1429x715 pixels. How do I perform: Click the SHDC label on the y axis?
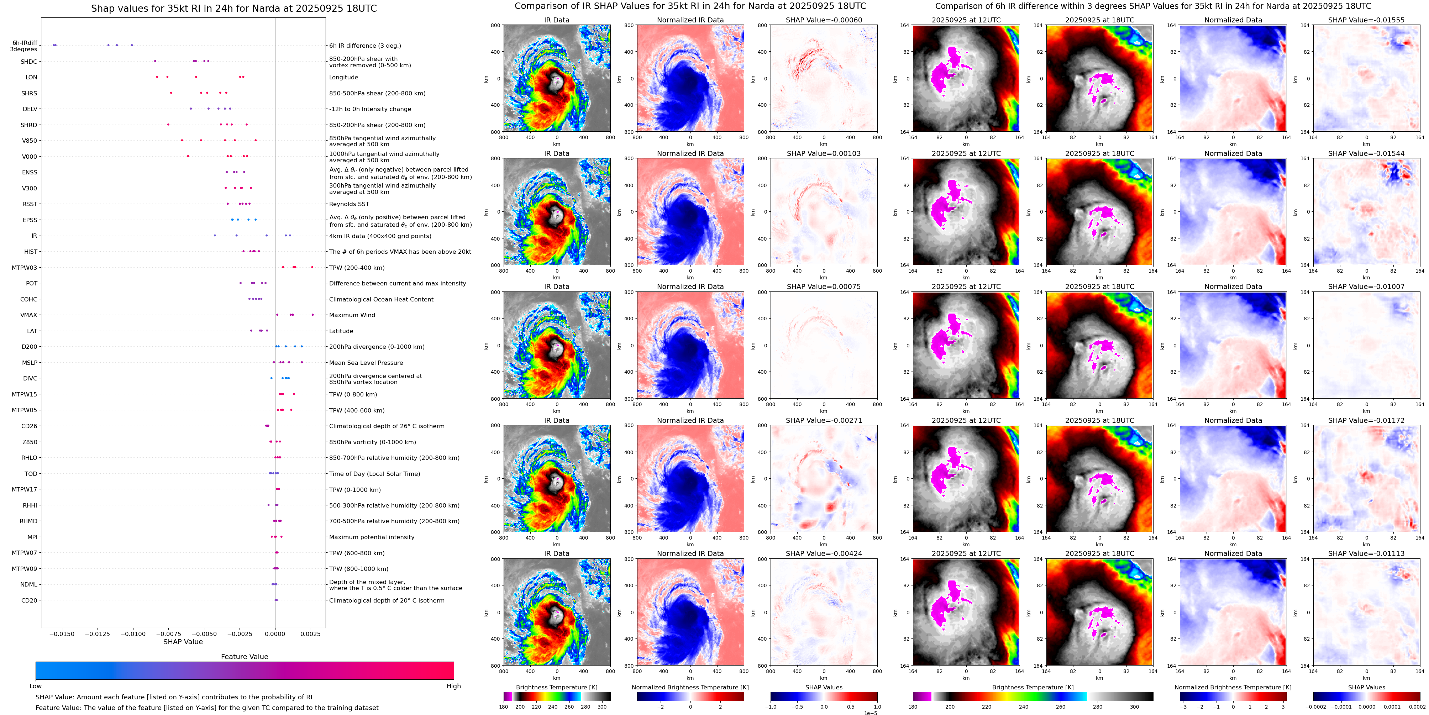tap(29, 62)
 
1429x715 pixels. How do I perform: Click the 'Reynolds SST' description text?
tap(349, 204)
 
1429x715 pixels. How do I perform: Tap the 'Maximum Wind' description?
tap(352, 315)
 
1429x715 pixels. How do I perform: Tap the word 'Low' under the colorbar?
tap(36, 686)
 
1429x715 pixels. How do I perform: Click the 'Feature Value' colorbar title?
tap(244, 657)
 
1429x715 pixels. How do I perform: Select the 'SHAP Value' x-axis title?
tap(183, 642)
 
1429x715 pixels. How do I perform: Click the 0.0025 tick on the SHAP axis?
tap(311, 633)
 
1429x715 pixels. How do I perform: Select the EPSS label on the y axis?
tap(30, 220)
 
